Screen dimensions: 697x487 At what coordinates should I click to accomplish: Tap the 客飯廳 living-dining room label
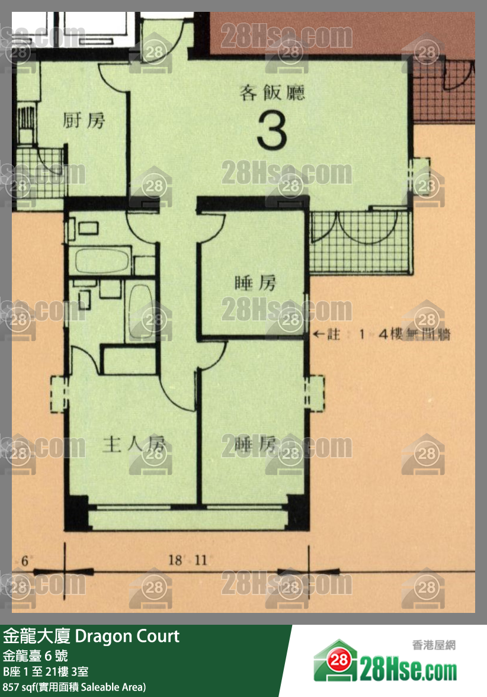[272, 92]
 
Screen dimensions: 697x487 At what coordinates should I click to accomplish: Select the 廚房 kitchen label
[84, 121]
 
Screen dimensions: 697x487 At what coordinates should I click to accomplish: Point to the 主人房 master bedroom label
[133, 445]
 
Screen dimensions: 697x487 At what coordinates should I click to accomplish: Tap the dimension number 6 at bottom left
[25, 560]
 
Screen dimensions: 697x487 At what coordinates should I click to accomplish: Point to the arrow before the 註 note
[319, 335]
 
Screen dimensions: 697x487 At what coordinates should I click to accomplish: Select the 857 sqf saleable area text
[74, 687]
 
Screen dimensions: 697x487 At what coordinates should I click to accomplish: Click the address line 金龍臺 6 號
[36, 656]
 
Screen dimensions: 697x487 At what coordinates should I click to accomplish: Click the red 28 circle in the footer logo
[338, 660]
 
